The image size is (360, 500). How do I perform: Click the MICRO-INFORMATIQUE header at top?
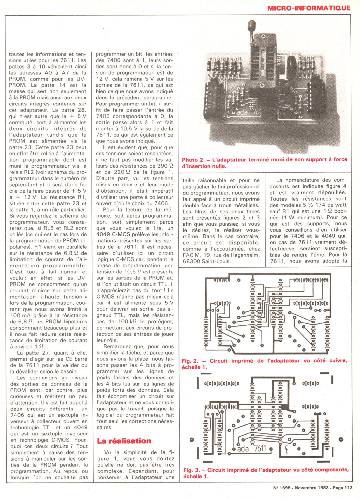point(309,8)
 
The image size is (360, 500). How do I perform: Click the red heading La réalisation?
point(124,441)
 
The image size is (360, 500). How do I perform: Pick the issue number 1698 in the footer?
point(285,487)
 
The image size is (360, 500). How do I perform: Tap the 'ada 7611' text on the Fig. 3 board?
point(252,448)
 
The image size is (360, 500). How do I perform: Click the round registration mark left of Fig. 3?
point(192,440)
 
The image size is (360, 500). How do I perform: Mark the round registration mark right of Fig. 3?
point(341,440)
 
